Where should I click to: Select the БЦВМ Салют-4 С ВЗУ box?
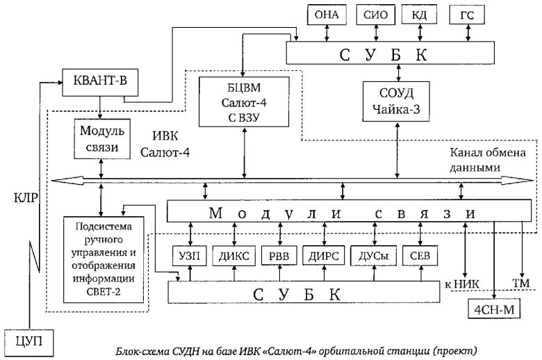[244, 101]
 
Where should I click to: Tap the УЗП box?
[188, 256]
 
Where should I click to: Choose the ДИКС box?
[233, 256]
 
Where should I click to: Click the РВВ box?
[278, 256]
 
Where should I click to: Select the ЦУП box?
[28, 340]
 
